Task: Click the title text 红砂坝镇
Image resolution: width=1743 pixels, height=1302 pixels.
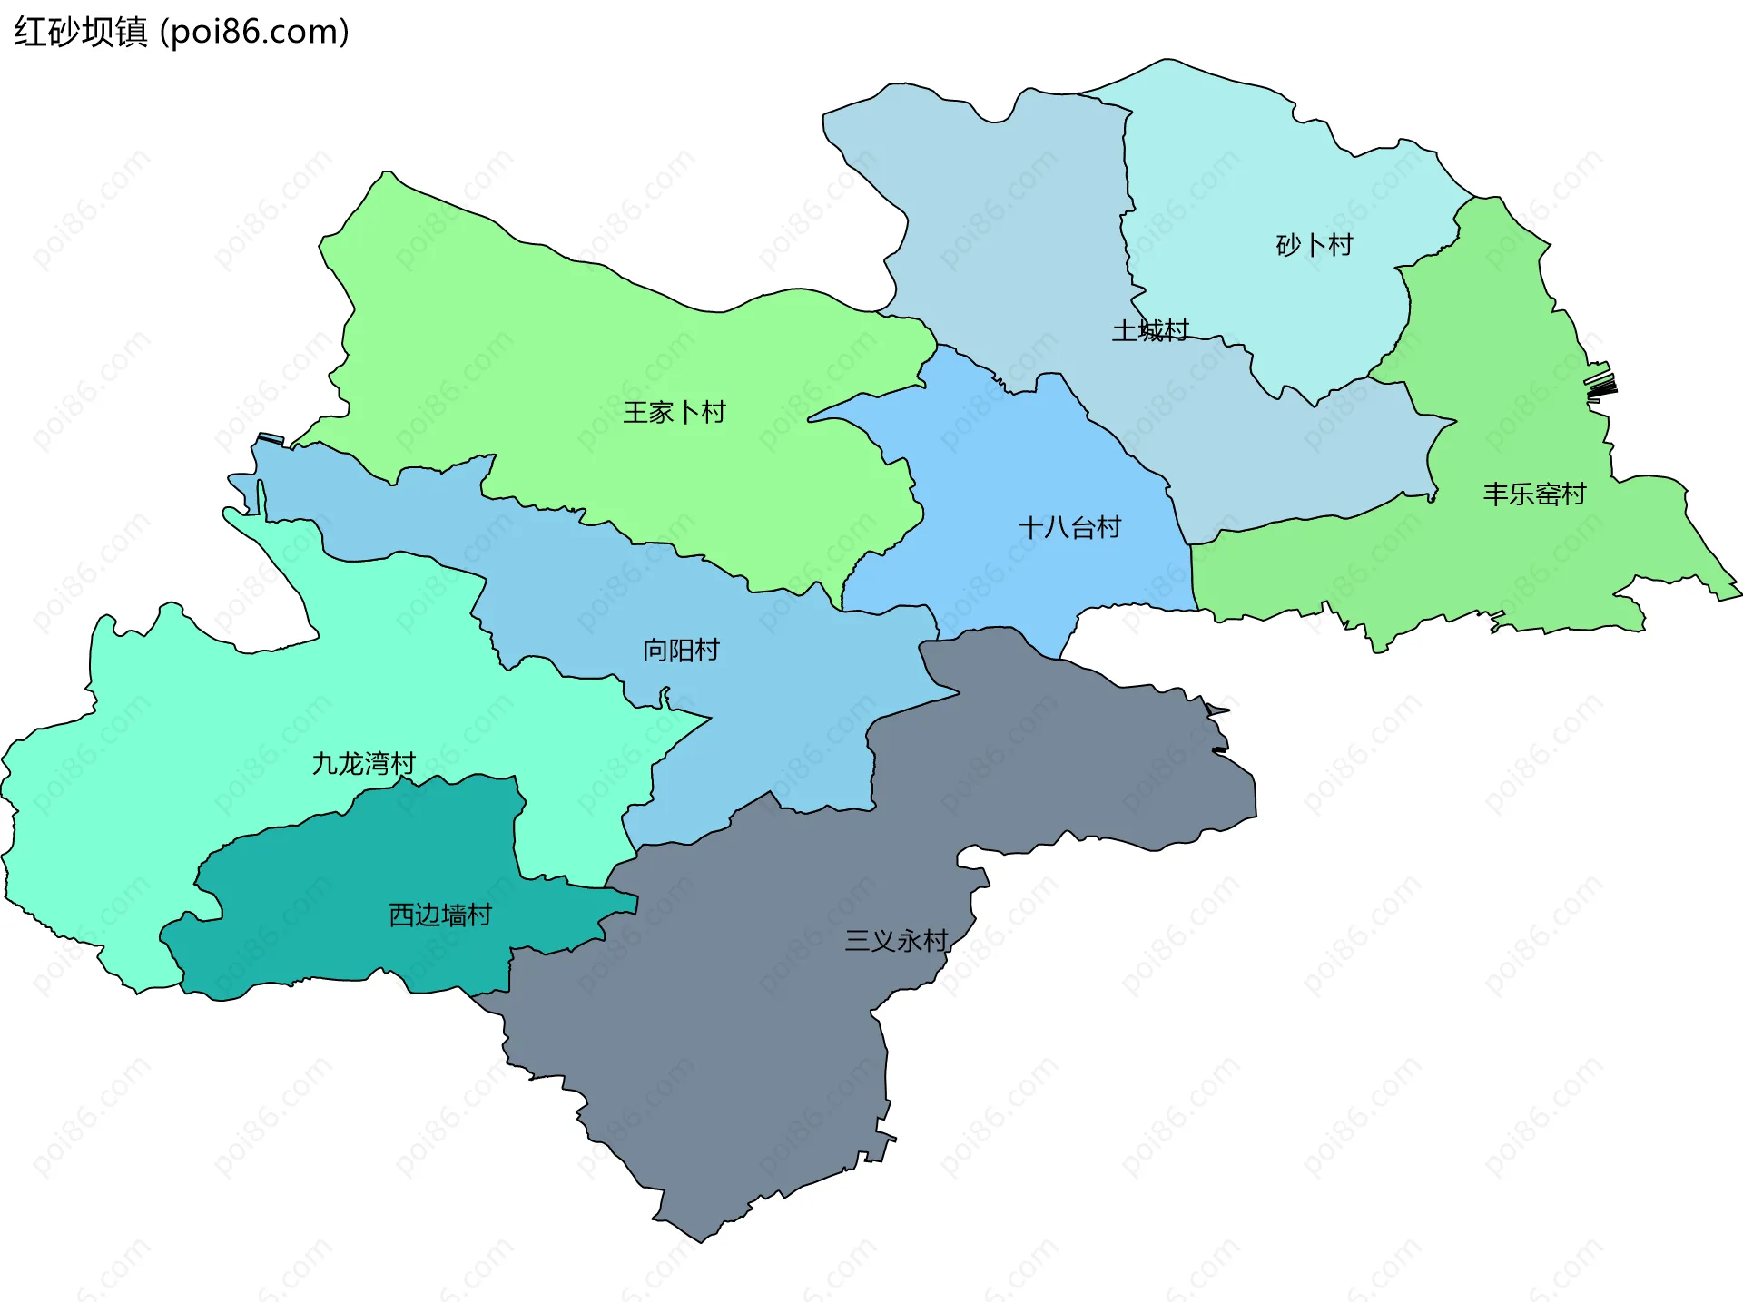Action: [80, 32]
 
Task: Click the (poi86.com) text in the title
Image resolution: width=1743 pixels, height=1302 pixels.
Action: [254, 32]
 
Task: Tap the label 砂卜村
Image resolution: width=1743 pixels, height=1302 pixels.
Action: [1314, 245]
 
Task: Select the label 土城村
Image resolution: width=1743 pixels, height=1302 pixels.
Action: [1150, 330]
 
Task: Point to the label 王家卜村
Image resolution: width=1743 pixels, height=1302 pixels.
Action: [675, 413]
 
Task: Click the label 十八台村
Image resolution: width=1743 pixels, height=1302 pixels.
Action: [1069, 527]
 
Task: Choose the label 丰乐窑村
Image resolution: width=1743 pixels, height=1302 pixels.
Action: [1534, 494]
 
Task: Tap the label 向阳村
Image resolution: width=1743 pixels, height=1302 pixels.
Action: [681, 651]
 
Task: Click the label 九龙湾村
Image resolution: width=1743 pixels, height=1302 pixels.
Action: [363, 764]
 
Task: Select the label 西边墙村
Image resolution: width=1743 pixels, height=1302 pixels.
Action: [440, 915]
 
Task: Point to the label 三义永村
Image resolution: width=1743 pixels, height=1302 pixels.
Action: [896, 940]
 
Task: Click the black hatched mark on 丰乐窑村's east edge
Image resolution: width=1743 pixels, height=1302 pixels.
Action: [1601, 387]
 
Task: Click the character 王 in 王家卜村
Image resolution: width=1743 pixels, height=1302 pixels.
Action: [635, 413]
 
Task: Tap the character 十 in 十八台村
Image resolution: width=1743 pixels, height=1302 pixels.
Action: [1031, 527]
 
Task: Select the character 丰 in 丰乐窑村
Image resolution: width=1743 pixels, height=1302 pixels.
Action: [1495, 494]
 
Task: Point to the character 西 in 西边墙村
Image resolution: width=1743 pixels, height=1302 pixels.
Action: [401, 915]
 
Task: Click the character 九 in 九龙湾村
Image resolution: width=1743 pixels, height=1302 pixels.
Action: [324, 764]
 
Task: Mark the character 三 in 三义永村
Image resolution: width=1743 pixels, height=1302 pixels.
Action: [857, 940]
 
